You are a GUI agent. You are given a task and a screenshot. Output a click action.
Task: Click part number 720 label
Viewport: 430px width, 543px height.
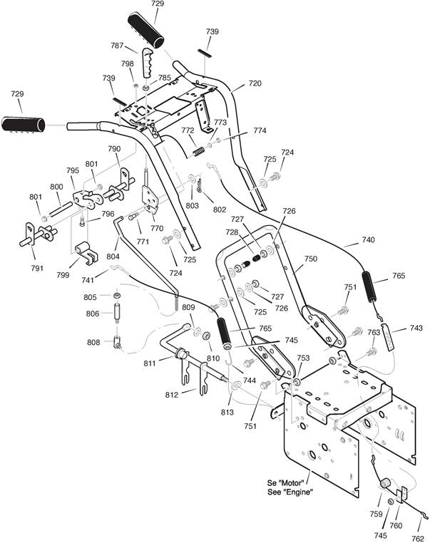pyautogui.click(x=255, y=83)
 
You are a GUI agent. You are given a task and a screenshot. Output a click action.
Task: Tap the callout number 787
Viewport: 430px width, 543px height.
pyautogui.click(x=117, y=46)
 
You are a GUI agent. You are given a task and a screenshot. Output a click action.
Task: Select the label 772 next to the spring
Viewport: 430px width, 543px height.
pyautogui.click(x=188, y=130)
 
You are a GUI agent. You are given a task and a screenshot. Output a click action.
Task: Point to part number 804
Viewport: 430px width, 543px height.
pyautogui.click(x=113, y=257)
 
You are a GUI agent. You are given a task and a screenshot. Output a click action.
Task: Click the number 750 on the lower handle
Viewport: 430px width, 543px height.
pyautogui.click(x=310, y=259)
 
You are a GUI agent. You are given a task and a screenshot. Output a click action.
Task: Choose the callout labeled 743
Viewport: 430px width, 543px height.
pyautogui.click(x=416, y=328)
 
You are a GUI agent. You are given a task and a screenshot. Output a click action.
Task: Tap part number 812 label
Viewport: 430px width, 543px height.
pyautogui.click(x=172, y=395)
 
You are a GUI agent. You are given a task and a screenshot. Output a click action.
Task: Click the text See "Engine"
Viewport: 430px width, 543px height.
pyautogui.click(x=290, y=492)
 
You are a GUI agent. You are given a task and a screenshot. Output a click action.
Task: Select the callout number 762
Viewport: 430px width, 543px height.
pyautogui.click(x=418, y=538)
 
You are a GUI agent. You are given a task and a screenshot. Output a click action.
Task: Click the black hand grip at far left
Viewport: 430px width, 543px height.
pyautogui.click(x=24, y=124)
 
